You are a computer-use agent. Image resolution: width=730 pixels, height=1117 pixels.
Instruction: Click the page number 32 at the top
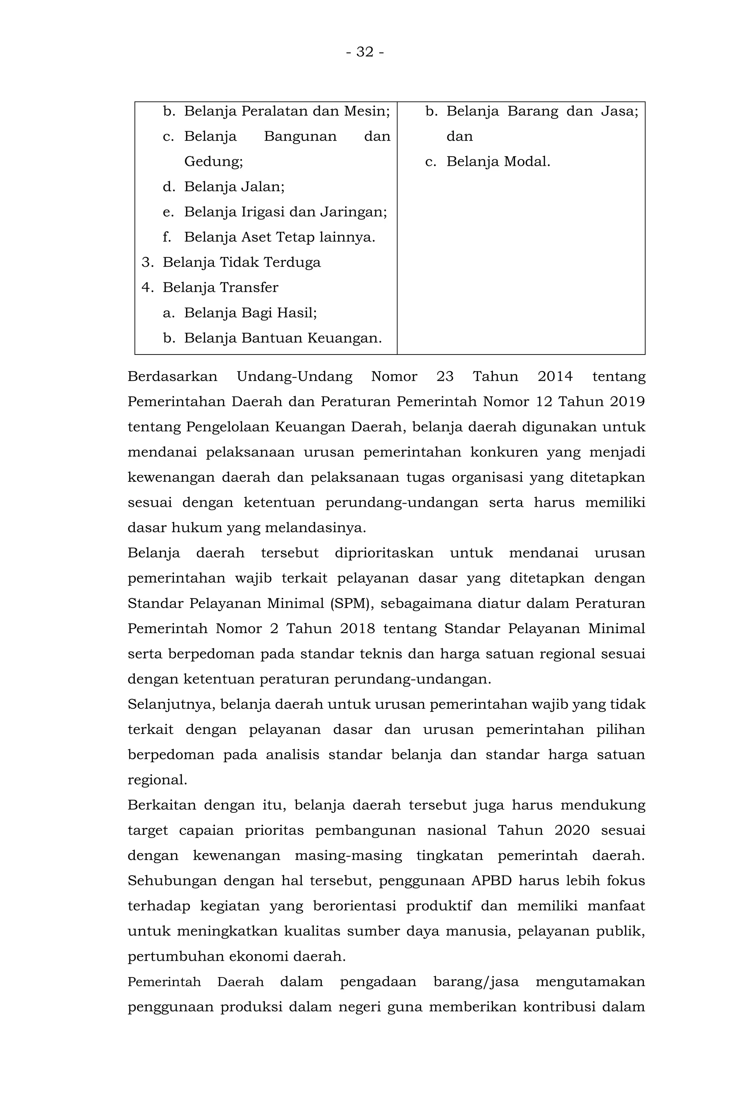click(365, 52)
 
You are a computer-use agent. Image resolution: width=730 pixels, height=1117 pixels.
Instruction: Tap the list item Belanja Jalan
click(234, 187)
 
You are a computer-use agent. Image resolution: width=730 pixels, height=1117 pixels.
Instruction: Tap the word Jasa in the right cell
click(619, 111)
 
